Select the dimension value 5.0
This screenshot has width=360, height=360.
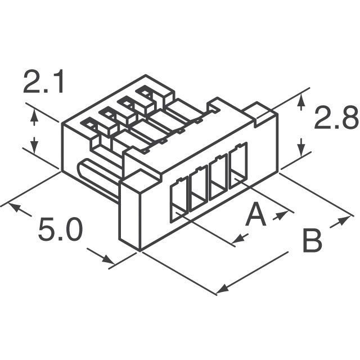click(60, 230)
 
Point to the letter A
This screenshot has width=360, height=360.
click(256, 215)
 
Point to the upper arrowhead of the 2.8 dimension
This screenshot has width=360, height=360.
click(302, 101)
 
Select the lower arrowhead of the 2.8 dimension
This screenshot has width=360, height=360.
click(302, 148)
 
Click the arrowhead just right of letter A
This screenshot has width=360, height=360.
click(281, 215)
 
